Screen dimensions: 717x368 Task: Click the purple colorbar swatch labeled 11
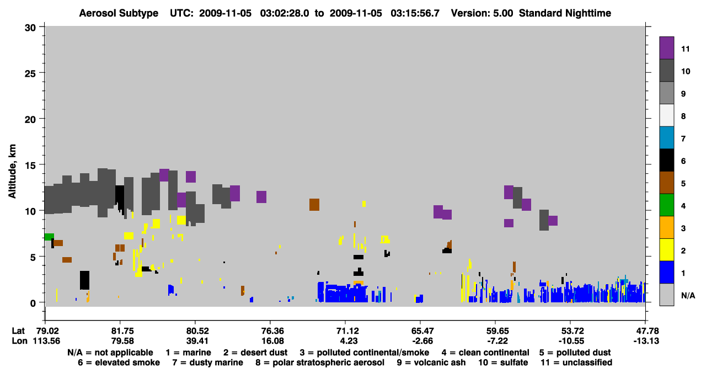(x=666, y=48)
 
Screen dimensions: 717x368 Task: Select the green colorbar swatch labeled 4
(x=666, y=205)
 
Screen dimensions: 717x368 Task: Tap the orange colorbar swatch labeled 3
(x=666, y=227)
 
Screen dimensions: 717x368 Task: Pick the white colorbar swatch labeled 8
(x=666, y=115)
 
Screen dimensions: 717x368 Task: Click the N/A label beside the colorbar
(x=688, y=295)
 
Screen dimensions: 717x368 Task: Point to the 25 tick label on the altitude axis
(x=30, y=73)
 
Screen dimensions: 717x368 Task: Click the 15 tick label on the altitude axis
(x=30, y=166)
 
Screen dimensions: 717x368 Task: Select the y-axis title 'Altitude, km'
(x=12, y=172)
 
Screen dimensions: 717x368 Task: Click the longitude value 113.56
(x=46, y=341)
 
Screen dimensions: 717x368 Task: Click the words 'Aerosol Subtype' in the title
(x=119, y=13)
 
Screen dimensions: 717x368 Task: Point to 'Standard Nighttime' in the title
(x=565, y=13)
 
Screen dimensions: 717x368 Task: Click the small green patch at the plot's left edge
(x=49, y=237)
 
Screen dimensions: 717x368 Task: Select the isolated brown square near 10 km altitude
(x=314, y=205)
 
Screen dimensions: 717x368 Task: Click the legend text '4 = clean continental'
(x=485, y=353)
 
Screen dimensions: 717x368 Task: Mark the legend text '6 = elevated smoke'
(x=119, y=362)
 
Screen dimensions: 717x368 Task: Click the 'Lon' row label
(x=19, y=341)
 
